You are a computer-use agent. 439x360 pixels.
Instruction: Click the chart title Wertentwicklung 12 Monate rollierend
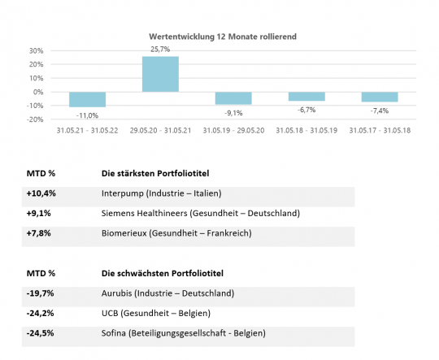pos(223,37)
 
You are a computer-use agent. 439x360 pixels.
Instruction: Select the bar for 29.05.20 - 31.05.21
pos(160,74)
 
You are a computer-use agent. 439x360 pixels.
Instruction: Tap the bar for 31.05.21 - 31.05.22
pos(87,99)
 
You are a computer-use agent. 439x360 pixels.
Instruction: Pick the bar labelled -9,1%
pos(233,98)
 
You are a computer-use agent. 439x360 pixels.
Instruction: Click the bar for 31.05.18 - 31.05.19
pos(306,97)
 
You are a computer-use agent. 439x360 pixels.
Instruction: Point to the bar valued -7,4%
pos(380,97)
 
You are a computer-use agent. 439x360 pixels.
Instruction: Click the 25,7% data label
pos(160,50)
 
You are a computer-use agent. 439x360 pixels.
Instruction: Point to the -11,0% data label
pos(87,115)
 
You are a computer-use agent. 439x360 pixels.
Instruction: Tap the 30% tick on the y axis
pos(37,51)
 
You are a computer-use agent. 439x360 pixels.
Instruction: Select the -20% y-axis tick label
pos(35,119)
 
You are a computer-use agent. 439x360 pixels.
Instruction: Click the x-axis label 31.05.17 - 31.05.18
pos(380,131)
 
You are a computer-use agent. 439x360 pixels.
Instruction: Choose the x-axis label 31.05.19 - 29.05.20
pos(233,131)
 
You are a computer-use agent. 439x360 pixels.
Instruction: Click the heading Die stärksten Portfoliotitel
pos(155,174)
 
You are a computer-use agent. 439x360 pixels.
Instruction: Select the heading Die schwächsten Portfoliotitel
pos(163,274)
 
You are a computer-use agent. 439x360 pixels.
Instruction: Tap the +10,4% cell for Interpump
pos(41,193)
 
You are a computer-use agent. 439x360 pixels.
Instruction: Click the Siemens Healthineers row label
pos(144,213)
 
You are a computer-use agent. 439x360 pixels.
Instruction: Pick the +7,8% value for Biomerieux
pos(39,233)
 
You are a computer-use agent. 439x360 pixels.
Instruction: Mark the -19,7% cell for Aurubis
pos(40,293)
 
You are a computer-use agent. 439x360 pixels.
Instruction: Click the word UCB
pos(110,313)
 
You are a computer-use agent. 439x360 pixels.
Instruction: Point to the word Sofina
pos(113,333)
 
